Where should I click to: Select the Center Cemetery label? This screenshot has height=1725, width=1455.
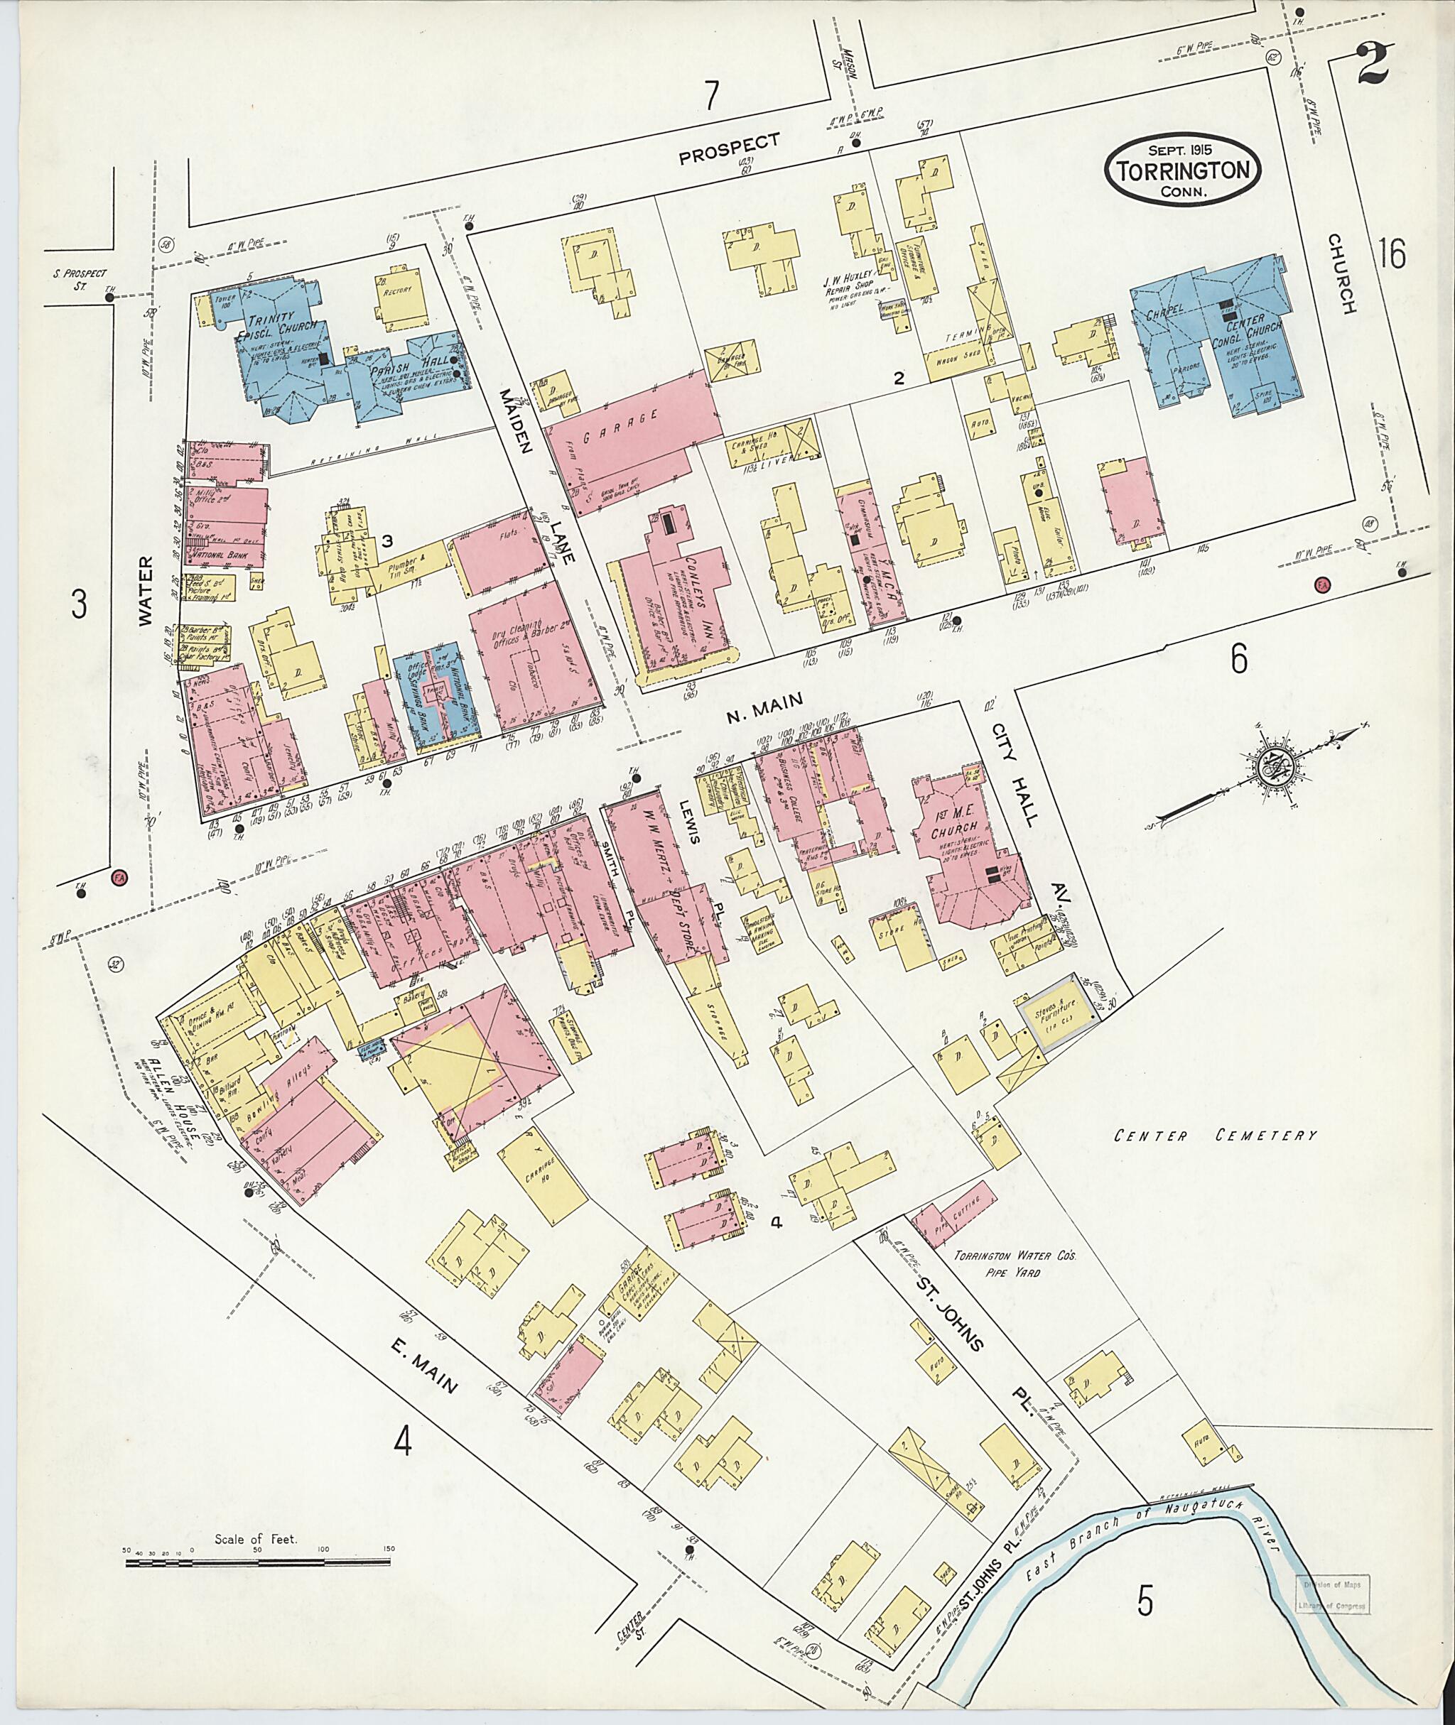[x=1215, y=1136]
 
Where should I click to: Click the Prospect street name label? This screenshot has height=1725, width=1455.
[x=729, y=149]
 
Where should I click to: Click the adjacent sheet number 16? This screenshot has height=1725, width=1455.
[x=1392, y=253]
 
